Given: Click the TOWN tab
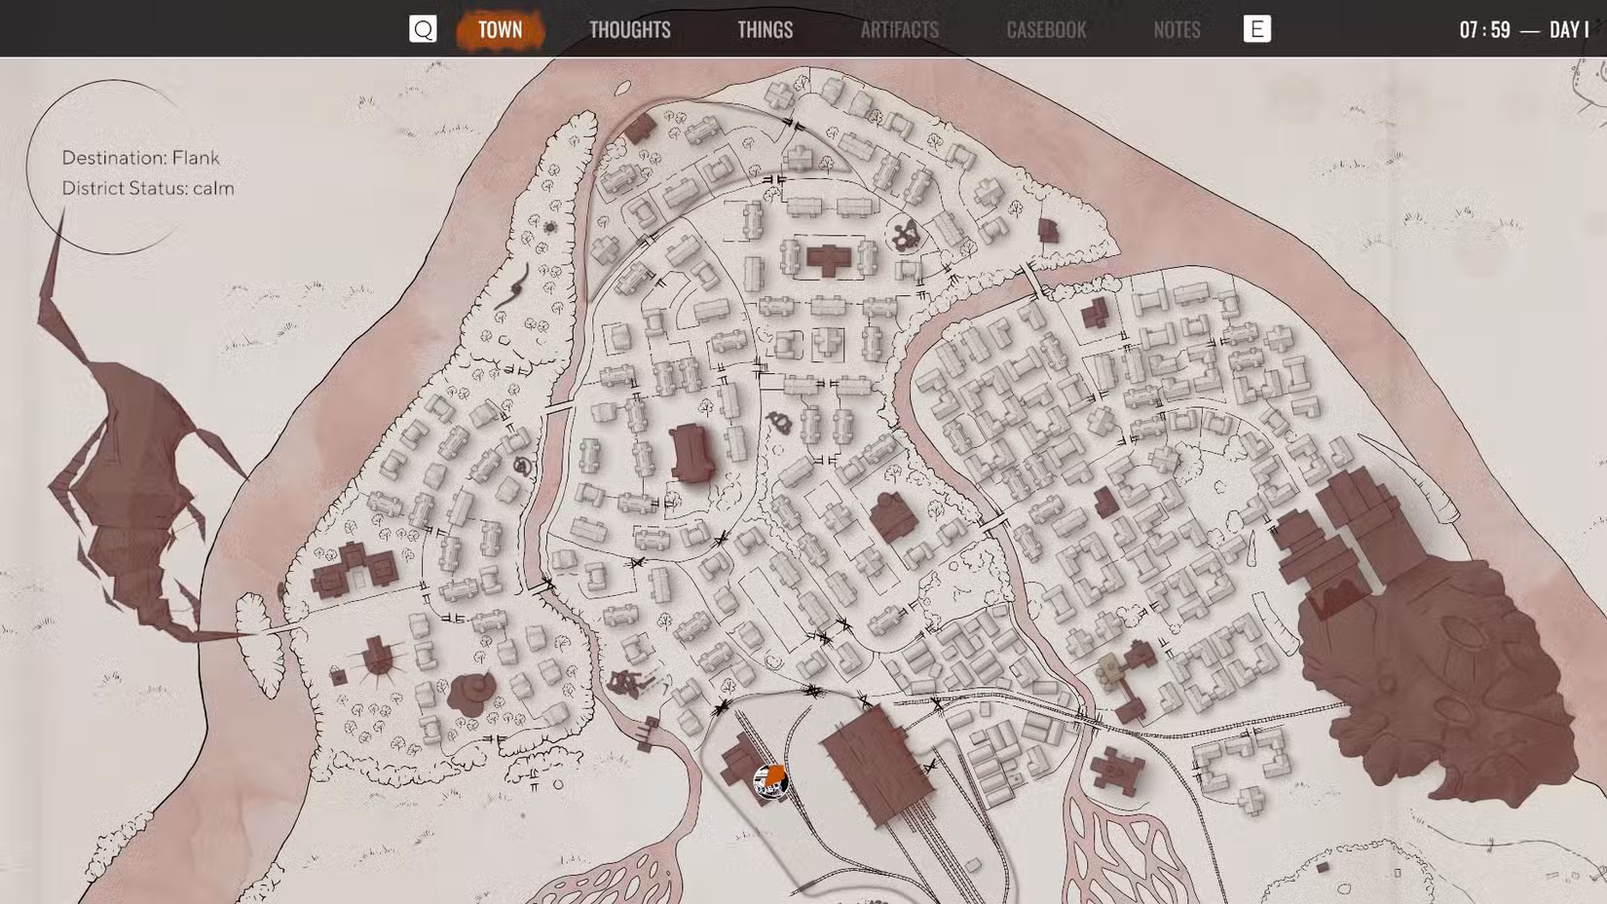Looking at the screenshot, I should click(500, 29).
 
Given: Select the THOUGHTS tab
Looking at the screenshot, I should click(629, 29).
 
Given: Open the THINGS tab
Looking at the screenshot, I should click(765, 29).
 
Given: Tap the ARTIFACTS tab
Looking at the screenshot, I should click(899, 29).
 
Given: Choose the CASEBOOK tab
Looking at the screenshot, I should click(1046, 29).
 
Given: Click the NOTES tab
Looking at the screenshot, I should click(1177, 29).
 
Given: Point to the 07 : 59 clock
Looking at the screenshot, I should click(1484, 30).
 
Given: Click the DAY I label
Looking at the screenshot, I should click(1569, 30).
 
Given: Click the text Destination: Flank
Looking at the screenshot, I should click(140, 158).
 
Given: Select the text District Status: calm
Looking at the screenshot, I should click(148, 188).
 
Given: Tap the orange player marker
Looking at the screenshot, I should click(771, 779).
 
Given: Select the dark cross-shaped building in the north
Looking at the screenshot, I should click(829, 259).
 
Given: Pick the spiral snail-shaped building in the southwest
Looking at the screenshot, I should click(471, 691).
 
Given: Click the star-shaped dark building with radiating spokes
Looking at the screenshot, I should click(378, 659).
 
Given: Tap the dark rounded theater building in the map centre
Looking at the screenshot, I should click(692, 453).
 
